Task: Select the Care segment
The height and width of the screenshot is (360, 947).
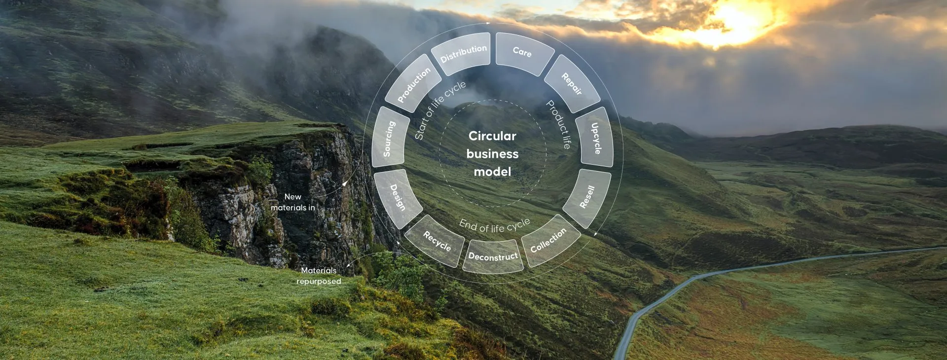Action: click(523, 52)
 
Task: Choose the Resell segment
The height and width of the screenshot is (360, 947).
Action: click(587, 197)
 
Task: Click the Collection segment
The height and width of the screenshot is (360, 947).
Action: click(548, 241)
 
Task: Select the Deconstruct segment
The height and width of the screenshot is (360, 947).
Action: click(493, 256)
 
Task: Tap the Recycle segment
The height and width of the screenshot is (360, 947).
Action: click(437, 241)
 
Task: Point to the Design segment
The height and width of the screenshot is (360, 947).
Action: click(398, 197)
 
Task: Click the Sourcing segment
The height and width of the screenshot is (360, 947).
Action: click(390, 139)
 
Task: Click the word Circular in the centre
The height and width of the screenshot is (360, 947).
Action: click(492, 136)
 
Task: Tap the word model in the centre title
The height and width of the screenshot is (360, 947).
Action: click(492, 172)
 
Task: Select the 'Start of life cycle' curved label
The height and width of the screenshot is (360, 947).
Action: click(439, 109)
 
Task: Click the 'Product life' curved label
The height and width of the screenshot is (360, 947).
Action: click(559, 124)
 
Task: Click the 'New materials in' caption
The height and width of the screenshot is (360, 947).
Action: click(293, 202)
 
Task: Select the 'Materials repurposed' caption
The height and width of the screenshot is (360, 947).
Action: click(319, 276)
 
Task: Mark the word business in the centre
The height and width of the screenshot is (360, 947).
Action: click(492, 154)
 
